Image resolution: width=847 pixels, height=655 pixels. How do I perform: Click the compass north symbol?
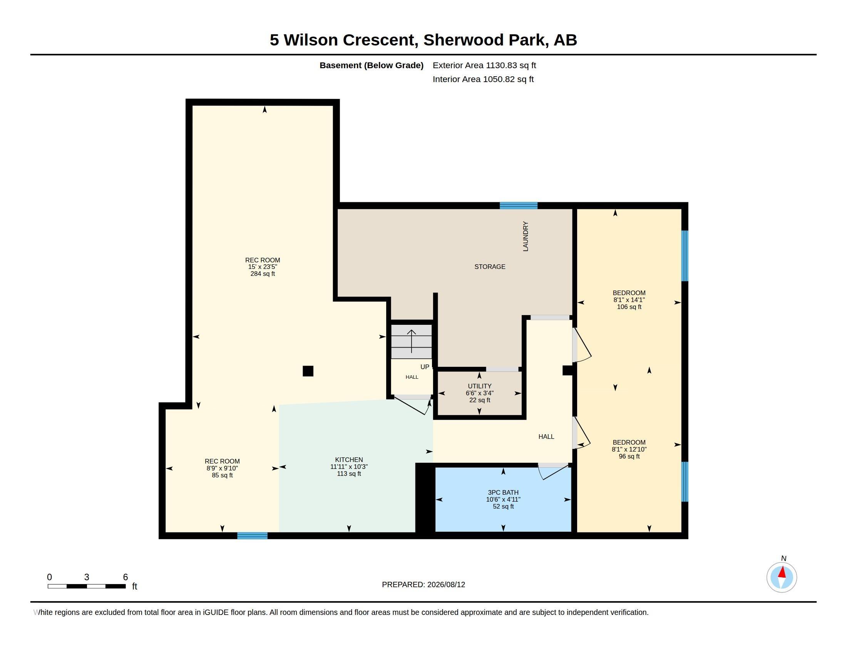(x=782, y=577)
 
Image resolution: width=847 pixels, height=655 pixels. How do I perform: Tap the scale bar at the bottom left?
(x=87, y=586)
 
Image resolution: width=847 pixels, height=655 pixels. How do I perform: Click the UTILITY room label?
(x=479, y=386)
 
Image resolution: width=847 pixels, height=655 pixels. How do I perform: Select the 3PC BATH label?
(x=503, y=492)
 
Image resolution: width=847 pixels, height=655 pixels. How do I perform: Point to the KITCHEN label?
(x=349, y=460)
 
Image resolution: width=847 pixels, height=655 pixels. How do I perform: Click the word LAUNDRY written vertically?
(x=526, y=236)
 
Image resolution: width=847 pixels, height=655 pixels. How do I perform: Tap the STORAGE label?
(x=490, y=267)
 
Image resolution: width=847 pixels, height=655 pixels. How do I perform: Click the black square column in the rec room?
(x=308, y=371)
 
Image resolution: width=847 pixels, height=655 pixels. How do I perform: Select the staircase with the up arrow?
(x=412, y=341)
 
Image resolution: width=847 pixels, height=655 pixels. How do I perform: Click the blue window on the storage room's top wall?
(x=519, y=206)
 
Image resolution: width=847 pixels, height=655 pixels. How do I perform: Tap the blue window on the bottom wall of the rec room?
(x=253, y=536)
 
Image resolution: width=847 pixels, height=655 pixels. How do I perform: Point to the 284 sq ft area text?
(x=263, y=274)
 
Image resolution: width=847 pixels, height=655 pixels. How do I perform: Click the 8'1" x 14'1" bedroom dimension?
(x=629, y=300)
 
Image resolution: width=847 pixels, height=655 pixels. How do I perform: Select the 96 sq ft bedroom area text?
(x=629, y=456)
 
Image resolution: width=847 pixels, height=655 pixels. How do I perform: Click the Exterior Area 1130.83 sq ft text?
(x=484, y=65)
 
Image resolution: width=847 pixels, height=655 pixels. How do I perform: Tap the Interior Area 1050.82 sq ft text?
(x=483, y=79)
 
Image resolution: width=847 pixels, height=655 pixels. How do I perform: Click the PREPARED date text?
(x=423, y=584)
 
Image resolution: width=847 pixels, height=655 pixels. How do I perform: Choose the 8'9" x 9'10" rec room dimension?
(x=222, y=469)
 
